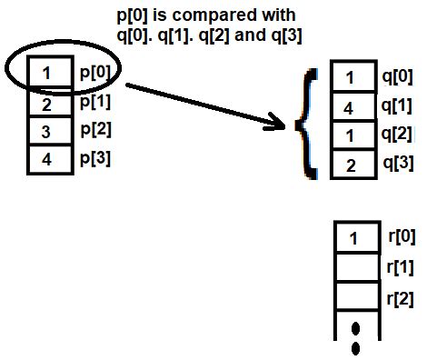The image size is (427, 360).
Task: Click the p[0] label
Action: click(x=94, y=72)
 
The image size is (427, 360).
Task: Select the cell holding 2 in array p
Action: click(x=46, y=105)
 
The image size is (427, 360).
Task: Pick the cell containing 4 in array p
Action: click(x=46, y=162)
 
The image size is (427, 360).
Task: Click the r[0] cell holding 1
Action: click(x=354, y=239)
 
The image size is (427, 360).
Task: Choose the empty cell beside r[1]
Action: click(x=354, y=268)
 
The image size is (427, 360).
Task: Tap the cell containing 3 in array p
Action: click(x=46, y=133)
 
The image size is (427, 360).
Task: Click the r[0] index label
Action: click(x=400, y=238)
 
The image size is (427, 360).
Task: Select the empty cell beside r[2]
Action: click(x=354, y=297)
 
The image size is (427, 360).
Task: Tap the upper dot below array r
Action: click(x=355, y=327)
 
